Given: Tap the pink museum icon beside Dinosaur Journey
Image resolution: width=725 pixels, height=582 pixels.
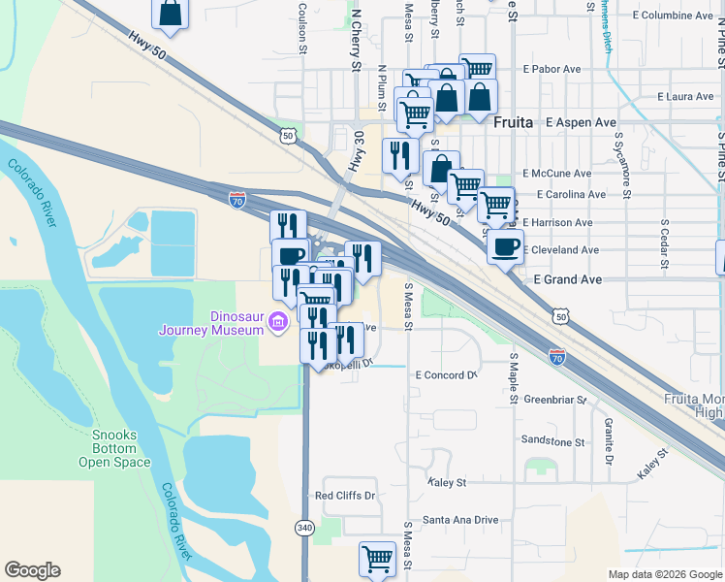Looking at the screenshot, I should pos(279,322).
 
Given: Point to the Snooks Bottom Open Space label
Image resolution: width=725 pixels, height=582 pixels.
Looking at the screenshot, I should pos(114,448).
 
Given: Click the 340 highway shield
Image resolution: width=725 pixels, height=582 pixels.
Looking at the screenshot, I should pos(304,527).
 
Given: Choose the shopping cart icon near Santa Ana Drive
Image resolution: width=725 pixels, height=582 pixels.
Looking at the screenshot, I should pos(376,558).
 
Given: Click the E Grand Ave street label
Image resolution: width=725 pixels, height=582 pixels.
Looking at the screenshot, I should pos(569,279).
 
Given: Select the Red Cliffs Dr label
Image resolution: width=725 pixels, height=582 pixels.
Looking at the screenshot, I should pos(345,496).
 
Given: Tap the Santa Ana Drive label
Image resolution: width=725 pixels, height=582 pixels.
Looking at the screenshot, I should pos(459,520).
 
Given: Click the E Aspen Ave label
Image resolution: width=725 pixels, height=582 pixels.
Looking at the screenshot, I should pos(581,123).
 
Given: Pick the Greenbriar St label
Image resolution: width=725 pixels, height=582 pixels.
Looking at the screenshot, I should pos(555,400).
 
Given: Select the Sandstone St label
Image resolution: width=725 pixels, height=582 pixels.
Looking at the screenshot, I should pos(552,441).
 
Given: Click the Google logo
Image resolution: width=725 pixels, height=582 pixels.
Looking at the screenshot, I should pos(32,570).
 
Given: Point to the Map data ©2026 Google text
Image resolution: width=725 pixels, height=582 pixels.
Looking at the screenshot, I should pos(664,574).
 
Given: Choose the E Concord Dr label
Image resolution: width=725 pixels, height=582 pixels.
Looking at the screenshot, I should pos(447,374).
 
